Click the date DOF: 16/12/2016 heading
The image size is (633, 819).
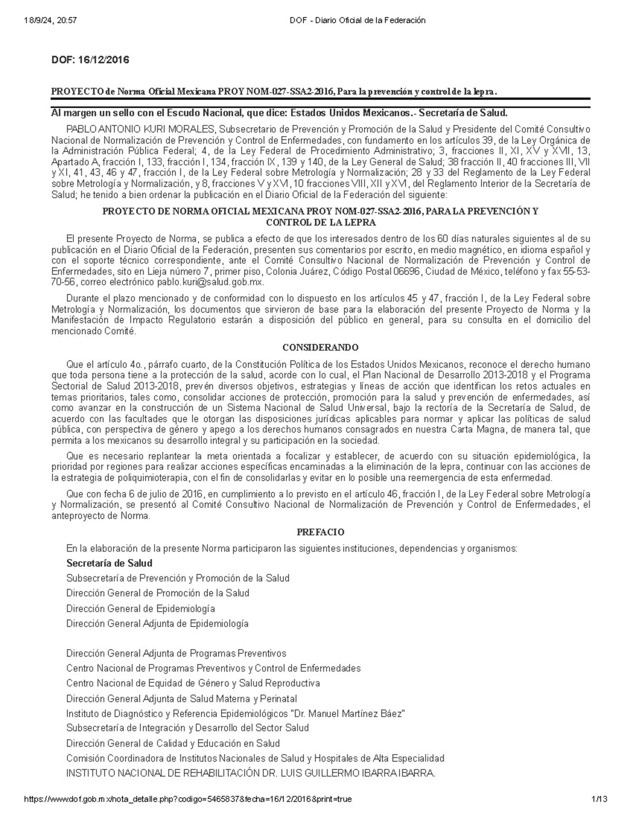[90, 60]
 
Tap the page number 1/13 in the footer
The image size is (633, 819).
[600, 799]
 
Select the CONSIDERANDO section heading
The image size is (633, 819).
[320, 348]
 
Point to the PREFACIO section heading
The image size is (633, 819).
[320, 532]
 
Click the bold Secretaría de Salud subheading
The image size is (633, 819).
[109, 563]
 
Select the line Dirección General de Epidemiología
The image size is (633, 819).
[140, 609]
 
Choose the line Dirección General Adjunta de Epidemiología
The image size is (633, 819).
[157, 623]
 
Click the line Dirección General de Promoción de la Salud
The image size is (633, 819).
[158, 593]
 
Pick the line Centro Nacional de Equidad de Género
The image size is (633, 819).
[193, 683]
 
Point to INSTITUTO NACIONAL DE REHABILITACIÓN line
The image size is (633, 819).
[251, 774]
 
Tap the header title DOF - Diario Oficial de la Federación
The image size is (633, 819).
[357, 21]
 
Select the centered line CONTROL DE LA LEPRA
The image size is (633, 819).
[320, 223]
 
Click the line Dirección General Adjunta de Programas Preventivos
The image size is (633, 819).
[176, 653]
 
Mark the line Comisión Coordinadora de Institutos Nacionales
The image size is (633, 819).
[255, 758]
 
